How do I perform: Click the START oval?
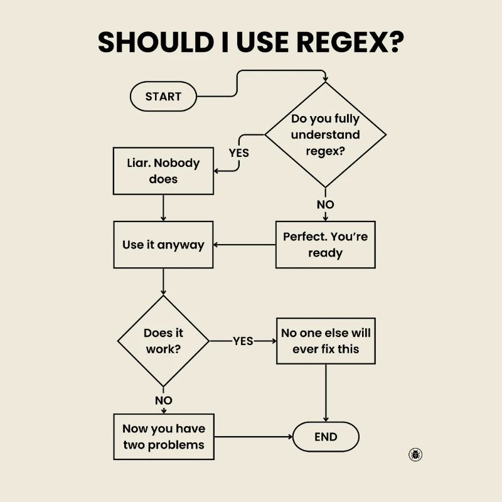tap(163, 97)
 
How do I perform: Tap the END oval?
tap(326, 437)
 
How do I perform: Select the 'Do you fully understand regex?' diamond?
tap(325, 135)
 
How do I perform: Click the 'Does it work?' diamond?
tap(163, 341)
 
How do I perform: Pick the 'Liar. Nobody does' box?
tap(163, 171)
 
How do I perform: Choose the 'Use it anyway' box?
tap(163, 245)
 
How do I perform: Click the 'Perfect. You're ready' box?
tap(325, 245)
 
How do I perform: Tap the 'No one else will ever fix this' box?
tap(326, 341)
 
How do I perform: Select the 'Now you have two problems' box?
tap(163, 437)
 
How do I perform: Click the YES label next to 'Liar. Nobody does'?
tap(238, 152)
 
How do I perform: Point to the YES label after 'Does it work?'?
tap(243, 341)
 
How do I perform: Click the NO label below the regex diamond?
tap(325, 205)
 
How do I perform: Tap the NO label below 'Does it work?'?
tap(163, 400)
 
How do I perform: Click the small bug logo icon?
tap(415, 454)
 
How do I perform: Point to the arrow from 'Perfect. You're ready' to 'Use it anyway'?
tap(245, 245)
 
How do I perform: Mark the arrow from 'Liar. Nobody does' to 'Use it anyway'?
tap(163, 208)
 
